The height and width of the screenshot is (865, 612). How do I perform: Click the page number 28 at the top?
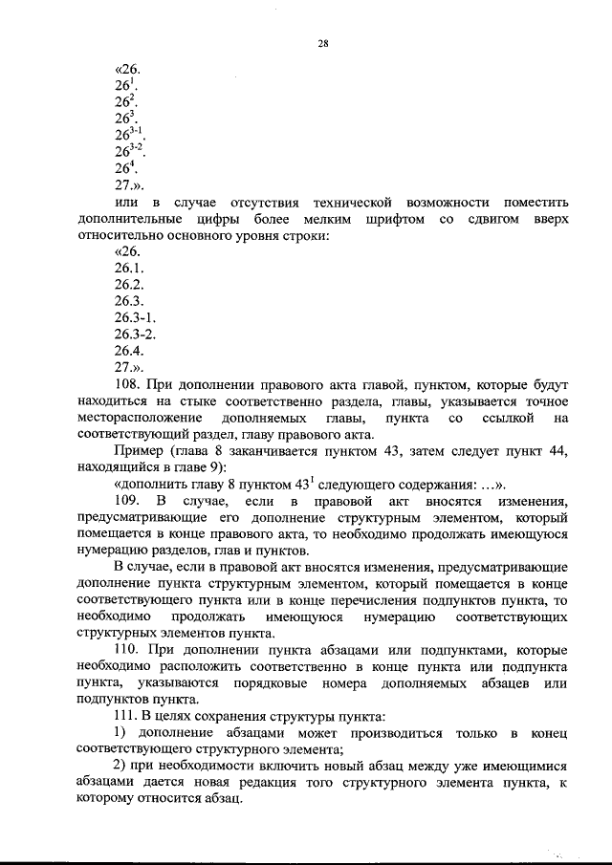pos(322,42)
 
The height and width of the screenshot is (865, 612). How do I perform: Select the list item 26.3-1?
pos(135,317)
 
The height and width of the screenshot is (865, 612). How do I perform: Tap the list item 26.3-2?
pos(135,334)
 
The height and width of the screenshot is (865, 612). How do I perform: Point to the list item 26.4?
pos(129,350)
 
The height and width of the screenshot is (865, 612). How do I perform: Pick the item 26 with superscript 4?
pos(126,168)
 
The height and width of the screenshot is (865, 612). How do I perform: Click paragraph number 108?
pos(127,385)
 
